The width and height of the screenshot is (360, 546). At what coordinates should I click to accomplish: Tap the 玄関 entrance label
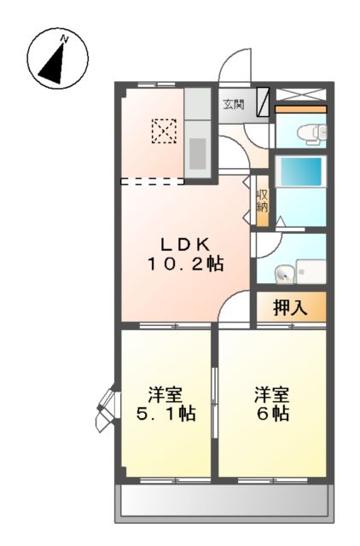click(x=234, y=105)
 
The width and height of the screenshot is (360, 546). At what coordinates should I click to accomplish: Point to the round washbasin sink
click(x=282, y=273)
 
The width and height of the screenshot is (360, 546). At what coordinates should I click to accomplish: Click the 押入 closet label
click(x=290, y=306)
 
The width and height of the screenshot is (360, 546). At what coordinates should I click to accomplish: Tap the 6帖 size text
click(x=272, y=414)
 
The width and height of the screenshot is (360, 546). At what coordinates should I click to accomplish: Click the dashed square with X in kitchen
click(x=163, y=131)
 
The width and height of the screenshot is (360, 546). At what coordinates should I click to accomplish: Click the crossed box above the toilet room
click(x=300, y=95)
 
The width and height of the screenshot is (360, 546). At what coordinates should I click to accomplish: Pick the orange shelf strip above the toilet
click(x=300, y=109)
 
